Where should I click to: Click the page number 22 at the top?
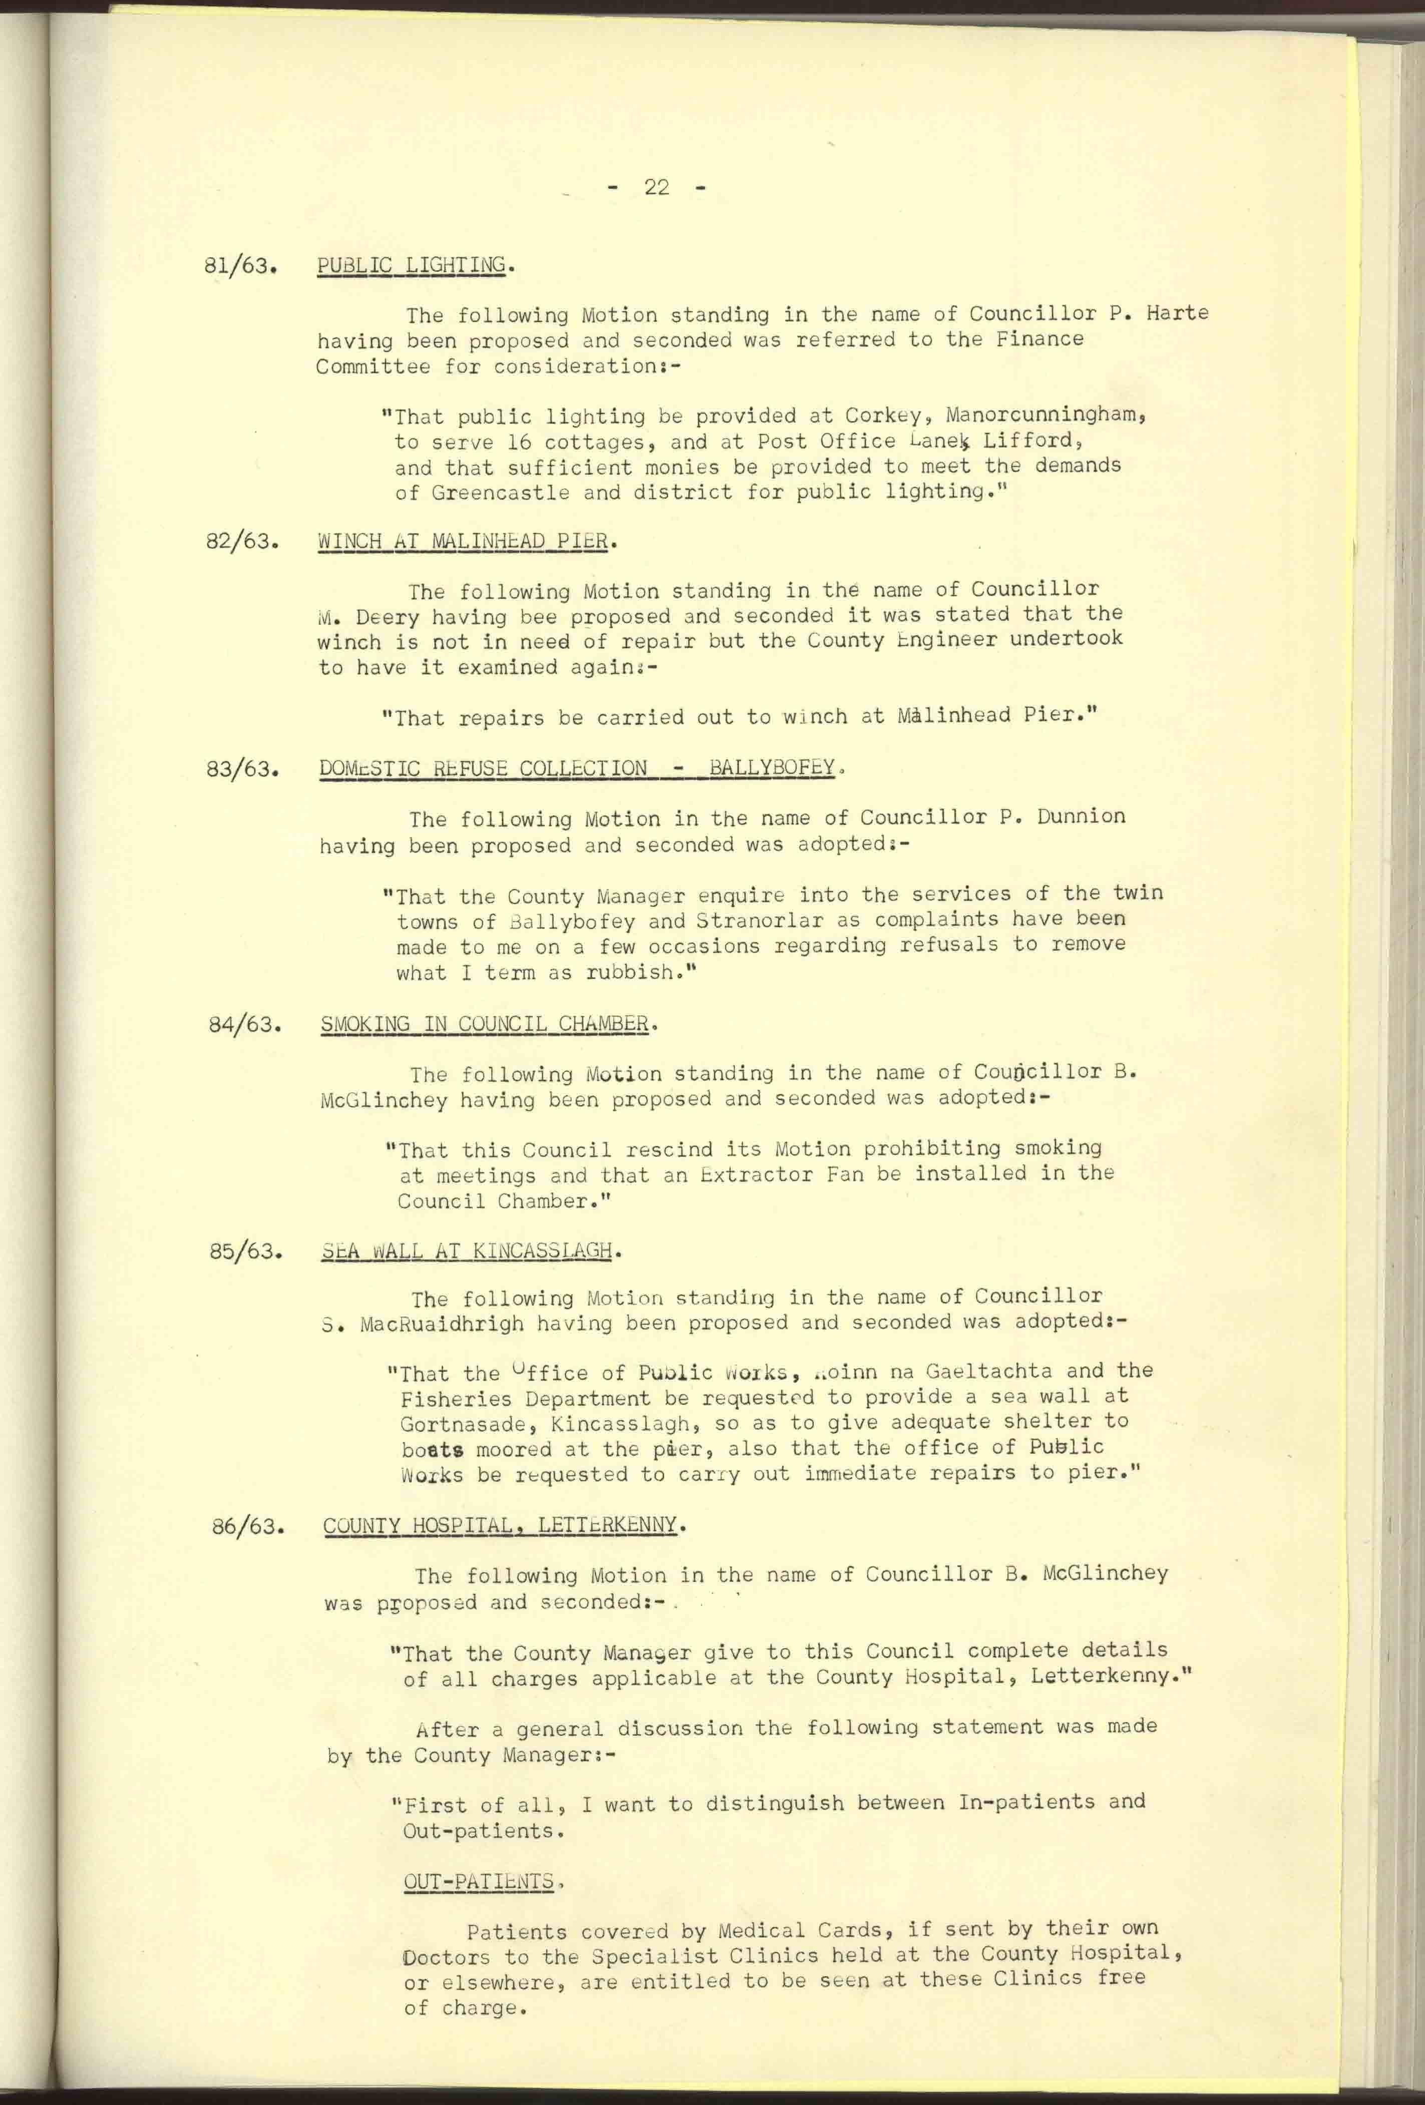(656, 188)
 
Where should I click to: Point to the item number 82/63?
(241, 542)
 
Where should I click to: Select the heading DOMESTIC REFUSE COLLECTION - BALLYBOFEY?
(576, 768)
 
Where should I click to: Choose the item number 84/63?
(243, 1026)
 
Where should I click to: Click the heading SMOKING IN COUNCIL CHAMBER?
(485, 1024)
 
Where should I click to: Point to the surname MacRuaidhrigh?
(442, 1324)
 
